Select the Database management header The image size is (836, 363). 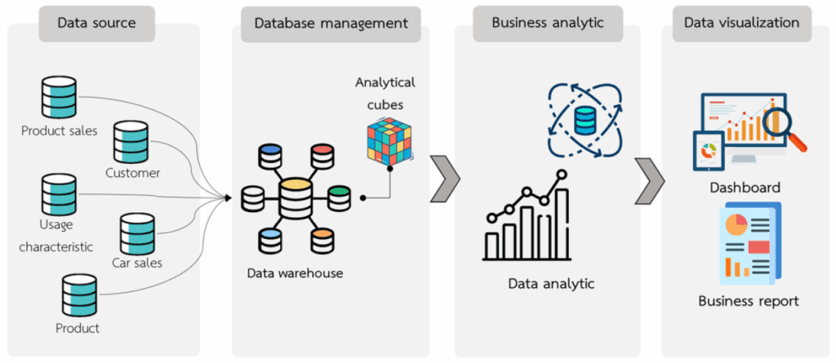point(331,23)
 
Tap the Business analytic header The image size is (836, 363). point(547,23)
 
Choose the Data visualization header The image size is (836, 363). point(741,23)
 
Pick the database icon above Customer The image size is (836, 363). point(131,142)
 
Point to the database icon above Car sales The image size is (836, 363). point(136,233)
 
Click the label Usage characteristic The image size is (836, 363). point(56,235)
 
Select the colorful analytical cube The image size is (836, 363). point(389,139)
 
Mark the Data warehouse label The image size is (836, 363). point(295,273)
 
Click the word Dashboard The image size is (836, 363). point(745,187)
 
